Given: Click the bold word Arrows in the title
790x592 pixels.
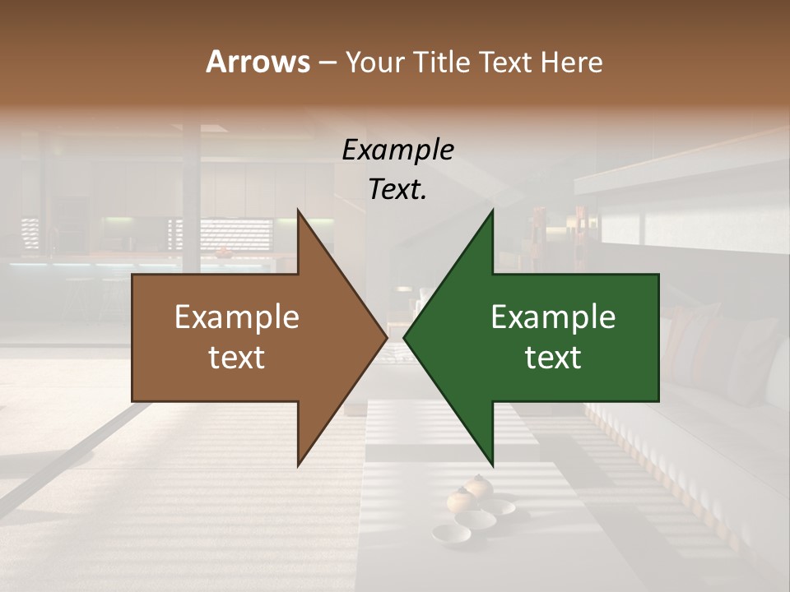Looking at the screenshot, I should pos(258,62).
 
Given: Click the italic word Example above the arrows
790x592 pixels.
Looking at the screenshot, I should pos(398,150).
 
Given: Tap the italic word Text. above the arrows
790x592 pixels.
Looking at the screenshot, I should pos(398,189).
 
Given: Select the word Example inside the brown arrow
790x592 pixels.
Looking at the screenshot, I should pos(237,317).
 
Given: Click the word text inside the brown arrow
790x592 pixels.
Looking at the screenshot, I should pos(237,358).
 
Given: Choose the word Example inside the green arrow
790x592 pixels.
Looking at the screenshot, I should pos(553,317).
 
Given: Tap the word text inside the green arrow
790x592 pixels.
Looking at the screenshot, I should pos(553,358).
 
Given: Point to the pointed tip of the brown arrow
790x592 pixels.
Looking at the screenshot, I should pos(387,337).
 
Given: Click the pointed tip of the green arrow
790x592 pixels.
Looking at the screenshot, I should pos(404,337).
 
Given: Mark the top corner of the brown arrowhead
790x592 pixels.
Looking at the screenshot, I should pos(298,210).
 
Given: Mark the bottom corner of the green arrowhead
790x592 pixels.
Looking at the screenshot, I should pos(492,465).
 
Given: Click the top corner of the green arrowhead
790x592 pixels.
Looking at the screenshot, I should pos(492,210).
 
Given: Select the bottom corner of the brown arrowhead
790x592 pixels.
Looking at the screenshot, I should pos(298,465).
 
